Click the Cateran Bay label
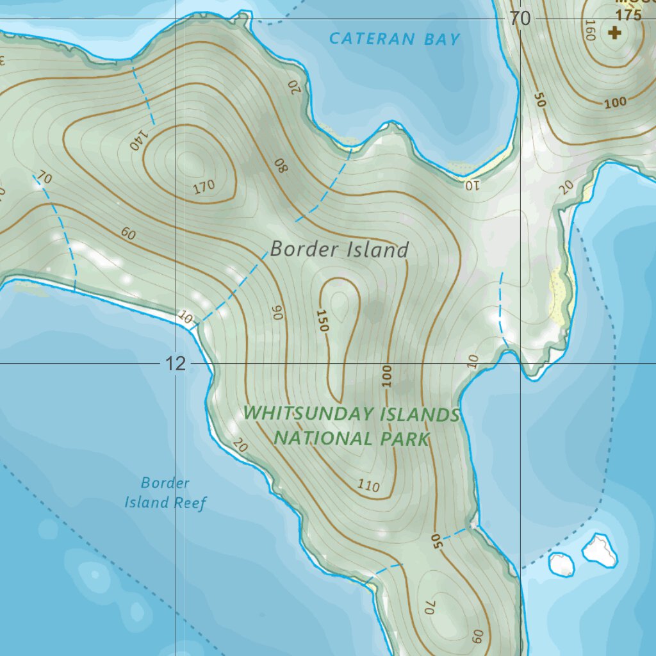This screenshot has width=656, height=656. (395, 39)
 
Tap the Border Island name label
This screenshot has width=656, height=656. (339, 249)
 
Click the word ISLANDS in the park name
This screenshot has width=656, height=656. (420, 414)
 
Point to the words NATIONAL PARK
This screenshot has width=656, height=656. (351, 439)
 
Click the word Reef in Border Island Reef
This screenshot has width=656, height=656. (191, 503)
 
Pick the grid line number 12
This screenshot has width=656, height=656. (175, 364)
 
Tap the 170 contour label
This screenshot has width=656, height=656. (204, 188)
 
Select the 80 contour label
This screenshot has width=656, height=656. (282, 165)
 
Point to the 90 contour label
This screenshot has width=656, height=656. (277, 312)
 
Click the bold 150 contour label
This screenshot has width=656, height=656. (322, 320)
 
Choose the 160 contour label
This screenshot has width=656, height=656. (590, 29)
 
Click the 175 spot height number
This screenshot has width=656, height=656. (628, 15)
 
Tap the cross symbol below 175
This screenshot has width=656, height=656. (615, 33)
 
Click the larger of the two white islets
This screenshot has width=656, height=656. (600, 550)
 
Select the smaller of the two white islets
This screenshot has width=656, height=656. (562, 564)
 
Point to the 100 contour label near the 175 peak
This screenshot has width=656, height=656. (615, 102)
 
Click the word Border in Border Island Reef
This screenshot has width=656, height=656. (165, 482)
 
